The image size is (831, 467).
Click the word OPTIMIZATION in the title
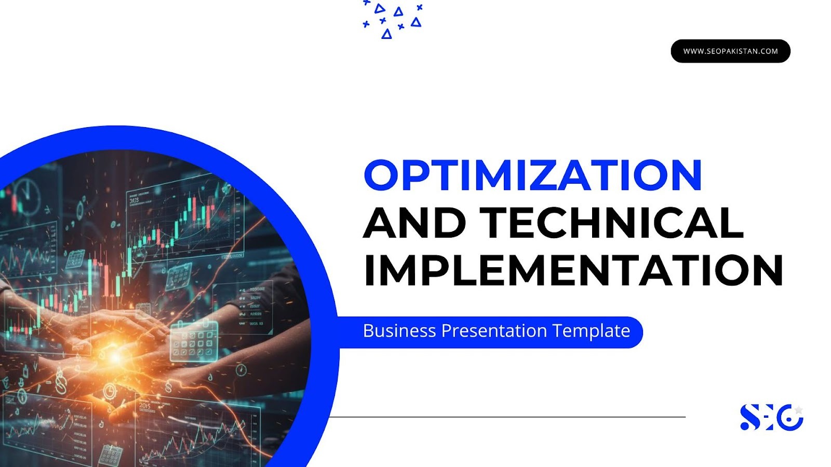[x=533, y=175]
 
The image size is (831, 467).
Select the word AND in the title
[x=414, y=223]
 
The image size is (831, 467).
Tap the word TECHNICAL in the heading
[x=612, y=223]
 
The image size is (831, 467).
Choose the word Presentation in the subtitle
[x=494, y=331]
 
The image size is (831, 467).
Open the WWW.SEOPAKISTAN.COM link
[x=730, y=51]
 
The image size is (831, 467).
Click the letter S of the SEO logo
[x=750, y=417]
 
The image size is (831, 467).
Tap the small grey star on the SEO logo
[x=799, y=410]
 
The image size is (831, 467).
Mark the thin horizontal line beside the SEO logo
[x=507, y=417]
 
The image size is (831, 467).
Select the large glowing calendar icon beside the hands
[x=194, y=341]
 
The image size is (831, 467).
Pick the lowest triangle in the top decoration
[x=386, y=34]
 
